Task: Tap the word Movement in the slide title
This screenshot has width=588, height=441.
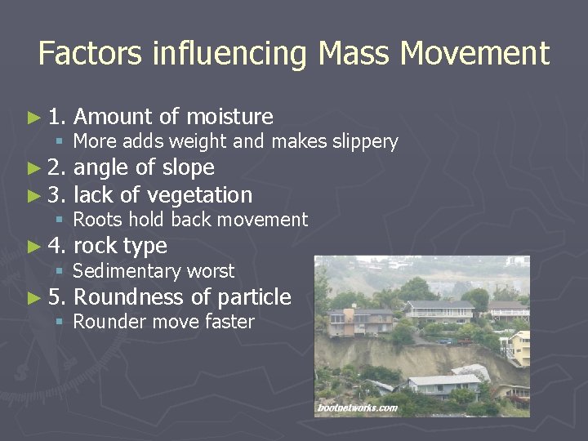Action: pos(474,54)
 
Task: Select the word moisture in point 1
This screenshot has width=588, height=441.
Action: pos(229,117)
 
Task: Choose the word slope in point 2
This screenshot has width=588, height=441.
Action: pos(188,168)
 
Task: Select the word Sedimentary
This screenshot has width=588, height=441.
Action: pos(127,271)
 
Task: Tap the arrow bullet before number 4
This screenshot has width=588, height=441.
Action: pos(33,246)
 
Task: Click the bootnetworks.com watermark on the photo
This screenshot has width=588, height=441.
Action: pos(357,408)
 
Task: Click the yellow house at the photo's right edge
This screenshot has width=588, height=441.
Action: pos(519,347)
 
